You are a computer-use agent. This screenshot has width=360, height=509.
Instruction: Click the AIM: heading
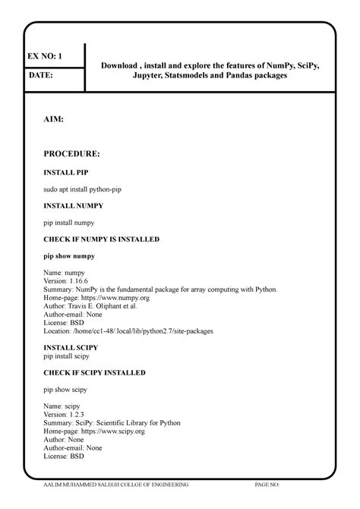click(x=53, y=120)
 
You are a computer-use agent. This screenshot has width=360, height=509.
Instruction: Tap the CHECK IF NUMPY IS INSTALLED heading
click(x=101, y=239)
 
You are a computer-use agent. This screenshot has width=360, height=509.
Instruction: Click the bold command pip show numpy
click(x=69, y=256)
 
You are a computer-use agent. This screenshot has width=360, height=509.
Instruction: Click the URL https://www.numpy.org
click(x=115, y=298)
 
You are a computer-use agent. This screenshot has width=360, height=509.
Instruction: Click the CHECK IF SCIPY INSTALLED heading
click(x=94, y=373)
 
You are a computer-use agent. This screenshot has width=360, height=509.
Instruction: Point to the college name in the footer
click(x=117, y=484)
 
